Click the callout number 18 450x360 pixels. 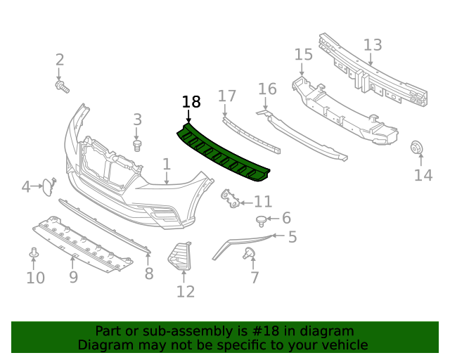191,102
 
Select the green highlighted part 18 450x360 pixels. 224,153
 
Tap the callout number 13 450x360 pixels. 373,45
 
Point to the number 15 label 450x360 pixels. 303,55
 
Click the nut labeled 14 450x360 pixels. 416,148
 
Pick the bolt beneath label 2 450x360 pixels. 61,86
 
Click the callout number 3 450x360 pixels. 138,120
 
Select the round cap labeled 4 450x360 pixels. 48,186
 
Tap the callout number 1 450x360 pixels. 167,165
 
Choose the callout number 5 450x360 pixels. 292,237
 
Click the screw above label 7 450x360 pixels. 248,253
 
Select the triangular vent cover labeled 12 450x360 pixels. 180,255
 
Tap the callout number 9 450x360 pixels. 73,278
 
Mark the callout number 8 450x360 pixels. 148,274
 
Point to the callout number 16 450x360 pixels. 267,89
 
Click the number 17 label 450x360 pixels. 227,96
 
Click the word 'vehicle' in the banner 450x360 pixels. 342,345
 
